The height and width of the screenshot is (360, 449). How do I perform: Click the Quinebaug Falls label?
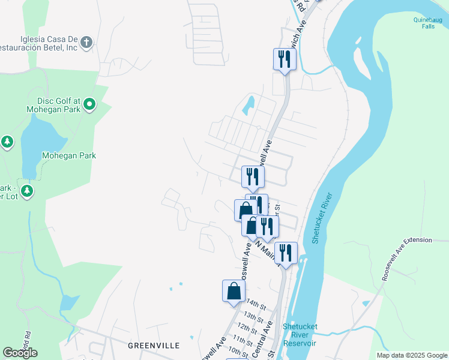[427, 23]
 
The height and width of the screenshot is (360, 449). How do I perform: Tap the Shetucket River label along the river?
[322, 218]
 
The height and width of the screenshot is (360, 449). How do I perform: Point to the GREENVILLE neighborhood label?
[154, 346]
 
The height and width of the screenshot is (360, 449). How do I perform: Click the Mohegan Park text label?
[69, 155]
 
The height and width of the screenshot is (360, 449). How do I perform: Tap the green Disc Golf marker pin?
[89, 105]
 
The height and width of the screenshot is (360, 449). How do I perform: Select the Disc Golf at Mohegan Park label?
[55, 105]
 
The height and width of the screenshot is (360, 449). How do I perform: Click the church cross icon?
[86, 43]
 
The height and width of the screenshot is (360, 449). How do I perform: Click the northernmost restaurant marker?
[285, 59]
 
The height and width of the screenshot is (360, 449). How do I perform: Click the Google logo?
[20, 353]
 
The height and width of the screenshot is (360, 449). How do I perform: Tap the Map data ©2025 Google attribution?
[411, 355]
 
